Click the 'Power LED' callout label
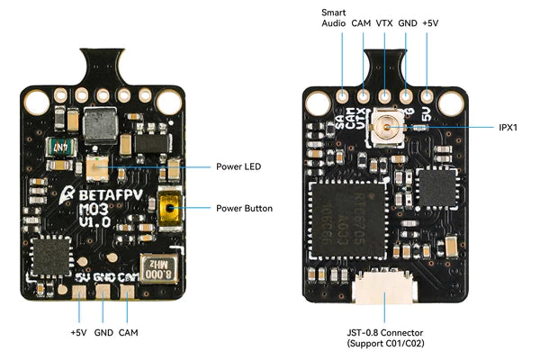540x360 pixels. point(239,166)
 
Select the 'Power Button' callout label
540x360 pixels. point(244,208)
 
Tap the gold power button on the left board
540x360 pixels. point(167,209)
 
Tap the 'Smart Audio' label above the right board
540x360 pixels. point(333,19)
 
